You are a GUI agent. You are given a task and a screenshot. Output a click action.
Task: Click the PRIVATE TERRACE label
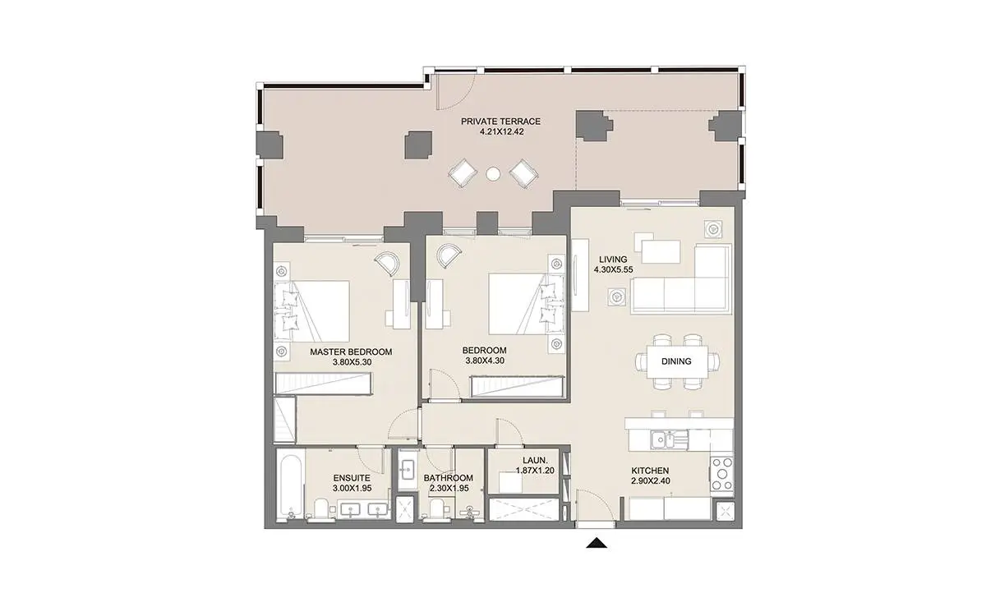tap(500, 122)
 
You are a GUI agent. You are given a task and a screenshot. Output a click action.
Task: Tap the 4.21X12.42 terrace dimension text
tap(501, 131)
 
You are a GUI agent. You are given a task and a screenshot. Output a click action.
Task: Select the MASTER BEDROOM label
tap(351, 352)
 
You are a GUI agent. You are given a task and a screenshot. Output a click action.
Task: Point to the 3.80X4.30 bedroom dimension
tap(485, 361)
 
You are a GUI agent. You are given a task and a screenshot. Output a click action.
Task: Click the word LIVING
tap(613, 260)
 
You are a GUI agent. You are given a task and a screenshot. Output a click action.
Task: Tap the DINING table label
tap(676, 361)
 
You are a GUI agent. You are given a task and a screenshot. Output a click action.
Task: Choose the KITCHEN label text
tap(650, 471)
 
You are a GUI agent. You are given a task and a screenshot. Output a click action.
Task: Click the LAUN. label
tap(535, 460)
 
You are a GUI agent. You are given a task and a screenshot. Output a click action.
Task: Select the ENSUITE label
tap(352, 478)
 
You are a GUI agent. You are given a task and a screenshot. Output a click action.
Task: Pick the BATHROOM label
tap(448, 478)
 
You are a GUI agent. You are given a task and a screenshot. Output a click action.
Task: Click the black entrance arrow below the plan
tap(597, 543)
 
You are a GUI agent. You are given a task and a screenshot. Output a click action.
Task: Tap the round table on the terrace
tap(493, 174)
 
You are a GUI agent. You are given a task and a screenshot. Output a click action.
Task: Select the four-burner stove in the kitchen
tap(722, 474)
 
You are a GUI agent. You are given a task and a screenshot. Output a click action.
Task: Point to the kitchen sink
tap(664, 439)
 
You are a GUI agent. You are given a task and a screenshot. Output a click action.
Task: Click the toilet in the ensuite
tap(321, 509)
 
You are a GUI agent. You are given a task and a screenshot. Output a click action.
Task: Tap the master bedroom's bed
tap(312, 311)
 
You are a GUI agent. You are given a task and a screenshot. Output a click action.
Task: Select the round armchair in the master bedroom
tap(387, 263)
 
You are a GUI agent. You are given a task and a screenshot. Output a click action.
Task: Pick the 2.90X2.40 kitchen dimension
tap(651, 481)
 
